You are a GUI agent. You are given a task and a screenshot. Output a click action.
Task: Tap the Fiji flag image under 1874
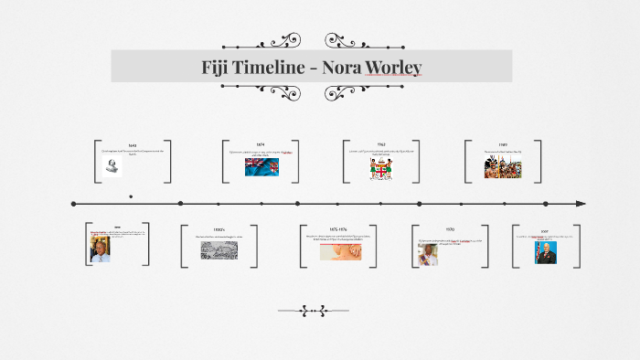click(261, 166)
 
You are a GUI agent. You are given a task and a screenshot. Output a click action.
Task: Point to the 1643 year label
click(133, 145)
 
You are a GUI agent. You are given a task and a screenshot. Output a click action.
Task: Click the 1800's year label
click(219, 229)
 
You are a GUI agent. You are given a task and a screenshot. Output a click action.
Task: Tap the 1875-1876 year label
click(339, 229)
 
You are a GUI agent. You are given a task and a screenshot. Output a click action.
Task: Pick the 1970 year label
click(450, 229)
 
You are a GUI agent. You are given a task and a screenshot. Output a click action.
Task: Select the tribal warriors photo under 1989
click(503, 166)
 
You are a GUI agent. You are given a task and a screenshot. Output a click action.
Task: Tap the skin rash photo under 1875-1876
click(339, 250)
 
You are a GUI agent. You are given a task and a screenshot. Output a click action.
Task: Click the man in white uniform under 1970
click(428, 253)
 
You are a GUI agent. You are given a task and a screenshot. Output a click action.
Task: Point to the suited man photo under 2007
click(547, 253)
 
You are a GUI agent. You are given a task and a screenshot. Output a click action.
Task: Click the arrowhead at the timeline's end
click(581, 203)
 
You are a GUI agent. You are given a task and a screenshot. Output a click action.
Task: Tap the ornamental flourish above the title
click(278, 41)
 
